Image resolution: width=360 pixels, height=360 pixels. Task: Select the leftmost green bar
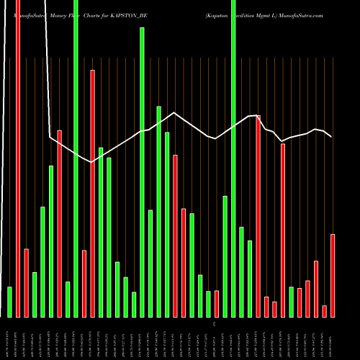click(9, 302)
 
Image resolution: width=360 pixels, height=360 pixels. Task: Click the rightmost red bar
click(333, 275)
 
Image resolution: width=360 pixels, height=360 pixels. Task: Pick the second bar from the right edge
click(325, 311)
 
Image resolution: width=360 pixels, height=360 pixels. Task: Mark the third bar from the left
click(27, 283)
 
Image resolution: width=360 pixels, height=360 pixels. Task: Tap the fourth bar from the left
click(35, 294)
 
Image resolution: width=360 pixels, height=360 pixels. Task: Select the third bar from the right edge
click(316, 289)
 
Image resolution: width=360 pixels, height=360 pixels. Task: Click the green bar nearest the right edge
click(292, 302)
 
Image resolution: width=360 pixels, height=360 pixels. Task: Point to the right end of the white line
click(331, 137)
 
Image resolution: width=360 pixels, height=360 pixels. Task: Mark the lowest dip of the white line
click(91, 163)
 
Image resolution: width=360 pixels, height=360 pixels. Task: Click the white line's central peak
click(174, 112)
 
